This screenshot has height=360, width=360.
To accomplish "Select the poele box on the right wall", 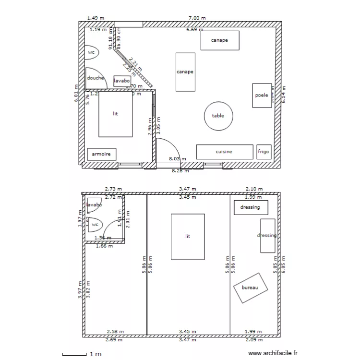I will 262,96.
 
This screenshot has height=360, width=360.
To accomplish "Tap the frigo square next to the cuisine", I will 264,152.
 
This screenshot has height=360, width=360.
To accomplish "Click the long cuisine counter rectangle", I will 224,152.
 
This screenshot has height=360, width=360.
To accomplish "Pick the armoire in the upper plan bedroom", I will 101,154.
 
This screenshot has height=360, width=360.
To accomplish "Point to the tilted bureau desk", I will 250,288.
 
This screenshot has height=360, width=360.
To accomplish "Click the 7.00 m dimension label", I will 197,18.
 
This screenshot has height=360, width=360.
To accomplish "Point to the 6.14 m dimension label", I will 283,95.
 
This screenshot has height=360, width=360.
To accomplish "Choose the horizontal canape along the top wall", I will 219,40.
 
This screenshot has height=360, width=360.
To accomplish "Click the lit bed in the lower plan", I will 188,237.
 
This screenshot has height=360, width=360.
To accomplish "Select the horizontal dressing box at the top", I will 251,207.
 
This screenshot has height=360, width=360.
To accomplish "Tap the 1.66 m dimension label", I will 104,246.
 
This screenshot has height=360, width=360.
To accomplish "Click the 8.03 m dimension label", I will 177,158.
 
